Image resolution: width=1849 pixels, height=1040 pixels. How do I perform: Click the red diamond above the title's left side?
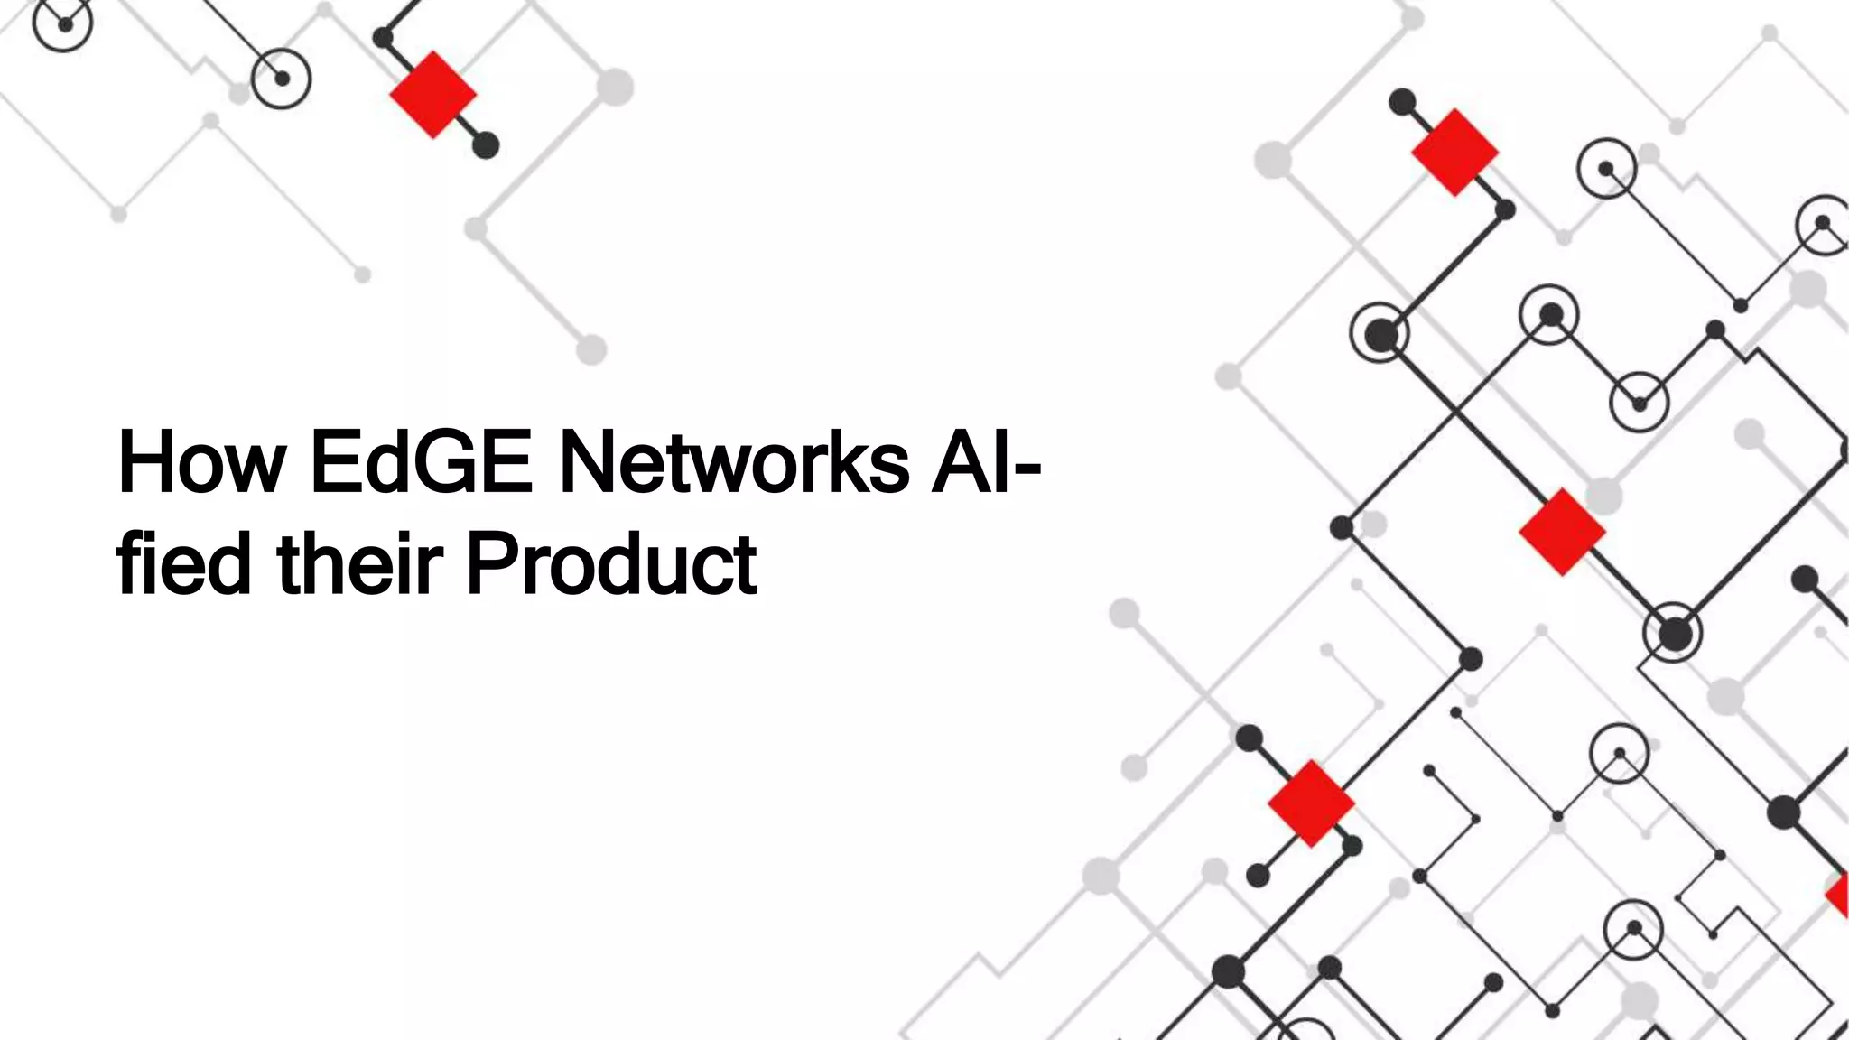click(433, 95)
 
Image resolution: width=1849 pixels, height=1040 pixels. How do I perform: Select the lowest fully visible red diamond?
click(1311, 803)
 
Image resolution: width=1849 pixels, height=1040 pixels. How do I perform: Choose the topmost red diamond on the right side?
click(1454, 153)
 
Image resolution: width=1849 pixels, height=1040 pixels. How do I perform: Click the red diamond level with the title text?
click(1562, 533)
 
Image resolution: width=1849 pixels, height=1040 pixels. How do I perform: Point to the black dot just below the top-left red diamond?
click(486, 145)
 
